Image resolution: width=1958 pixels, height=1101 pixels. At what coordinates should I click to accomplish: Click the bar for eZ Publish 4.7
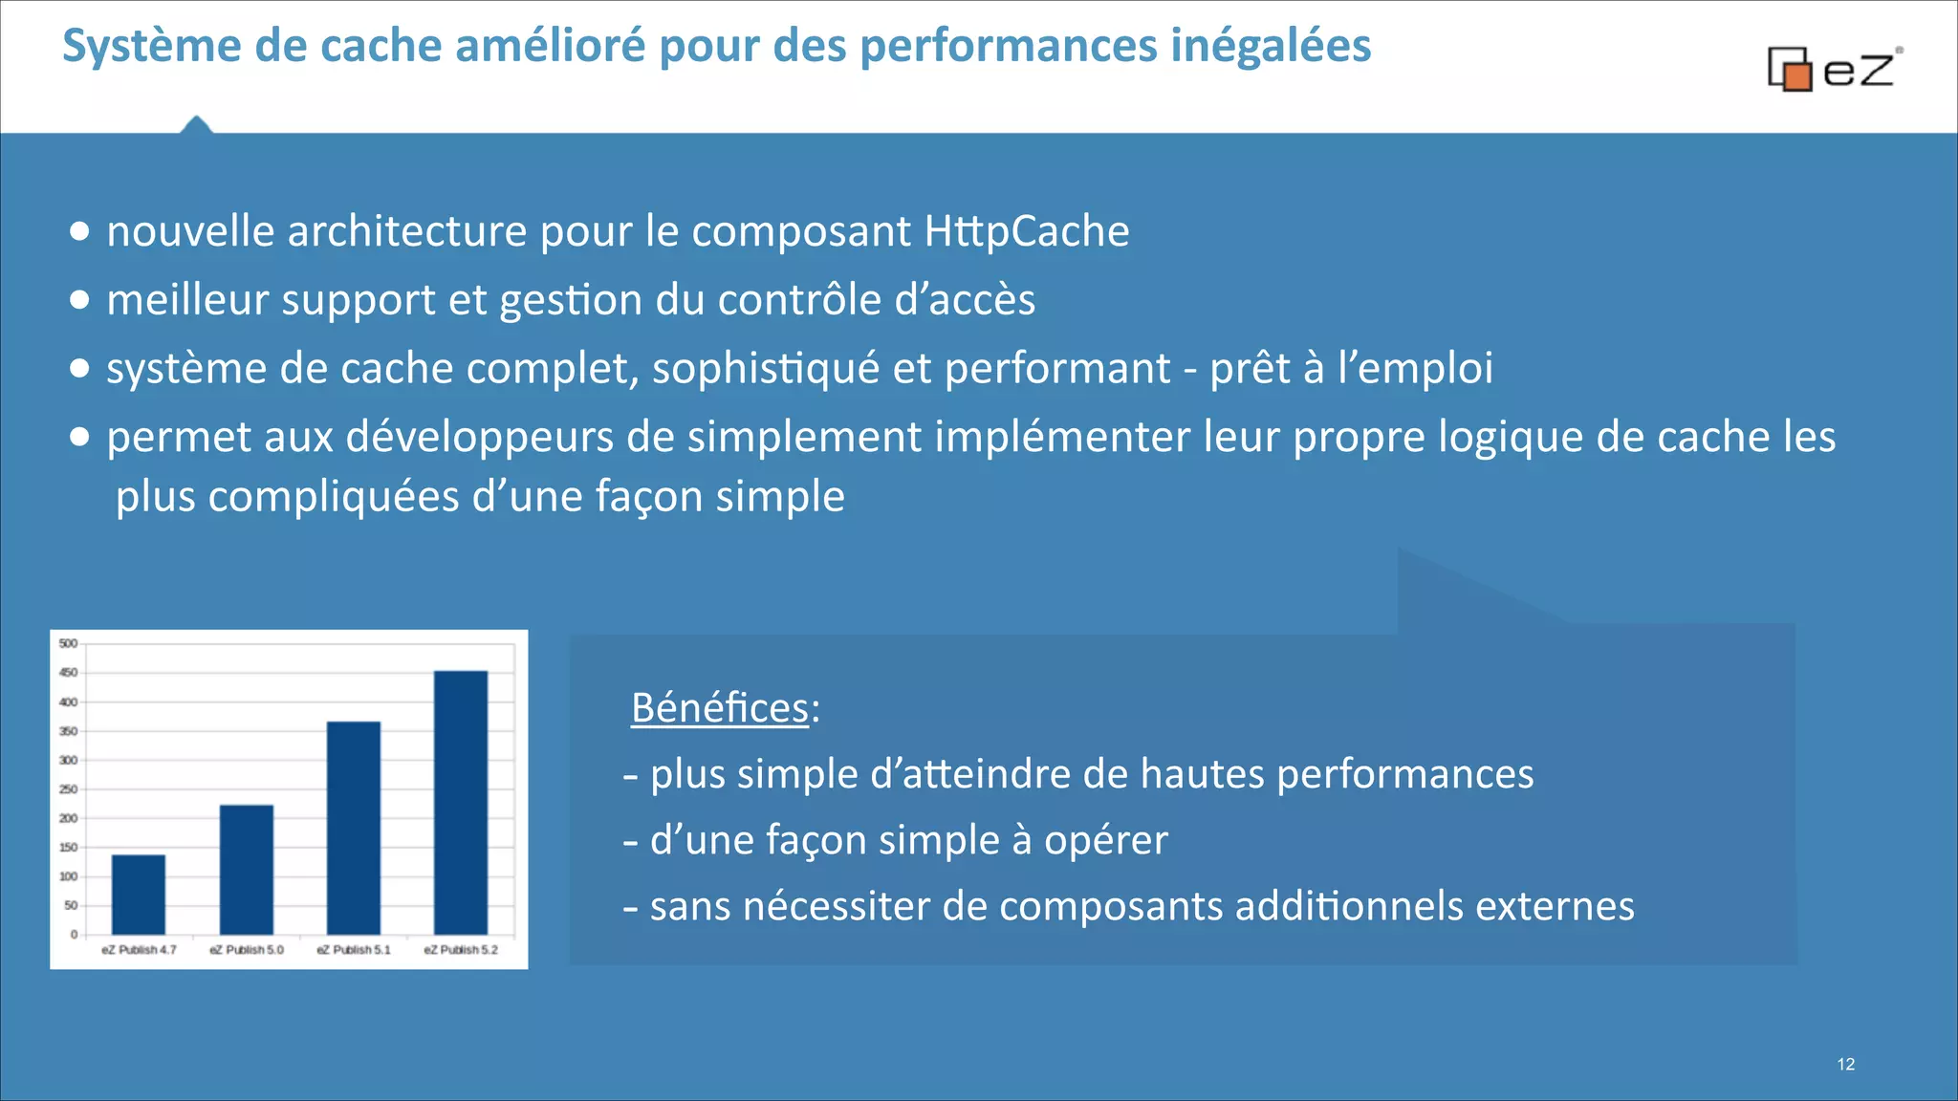tap(139, 895)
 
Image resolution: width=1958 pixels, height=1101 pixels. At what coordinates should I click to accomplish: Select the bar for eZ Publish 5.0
tap(247, 870)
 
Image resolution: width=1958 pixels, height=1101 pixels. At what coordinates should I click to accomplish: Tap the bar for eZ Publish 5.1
tap(354, 828)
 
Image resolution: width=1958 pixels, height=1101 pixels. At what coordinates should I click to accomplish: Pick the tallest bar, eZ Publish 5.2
tap(461, 803)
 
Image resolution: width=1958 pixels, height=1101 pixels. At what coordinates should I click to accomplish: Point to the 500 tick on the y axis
tap(68, 643)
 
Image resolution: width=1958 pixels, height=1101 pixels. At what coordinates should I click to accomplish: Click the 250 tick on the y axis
tap(68, 789)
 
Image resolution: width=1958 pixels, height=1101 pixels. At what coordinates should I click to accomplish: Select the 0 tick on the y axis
tap(73, 935)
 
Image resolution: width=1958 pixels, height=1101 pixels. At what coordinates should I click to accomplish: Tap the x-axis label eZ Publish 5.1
tap(354, 950)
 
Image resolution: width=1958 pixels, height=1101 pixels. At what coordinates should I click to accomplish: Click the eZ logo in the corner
tap(1834, 69)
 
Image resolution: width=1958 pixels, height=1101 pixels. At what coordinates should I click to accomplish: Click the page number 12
tap(1845, 1065)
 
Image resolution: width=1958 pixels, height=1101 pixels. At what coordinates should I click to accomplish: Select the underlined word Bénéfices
tap(720, 708)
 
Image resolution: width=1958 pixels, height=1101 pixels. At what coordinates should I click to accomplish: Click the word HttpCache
tap(1027, 231)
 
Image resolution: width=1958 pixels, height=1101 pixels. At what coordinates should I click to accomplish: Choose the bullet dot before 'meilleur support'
tap(80, 300)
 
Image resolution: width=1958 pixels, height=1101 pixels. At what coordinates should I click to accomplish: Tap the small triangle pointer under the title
tap(196, 124)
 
